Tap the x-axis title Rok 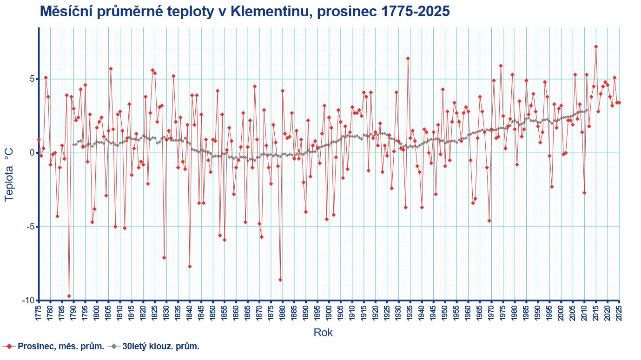coord(323,333)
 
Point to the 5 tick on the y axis coord(32,79)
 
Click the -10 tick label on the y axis coord(28,301)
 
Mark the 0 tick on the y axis coord(32,153)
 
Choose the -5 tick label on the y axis coord(30,227)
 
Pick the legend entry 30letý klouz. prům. coord(161,347)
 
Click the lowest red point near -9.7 coord(69,296)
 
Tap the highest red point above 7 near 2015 coord(596,46)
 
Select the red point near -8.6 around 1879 coord(280,280)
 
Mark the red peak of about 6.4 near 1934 coord(408,58)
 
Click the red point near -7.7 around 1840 coord(190,266)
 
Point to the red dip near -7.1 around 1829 coord(164,257)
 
